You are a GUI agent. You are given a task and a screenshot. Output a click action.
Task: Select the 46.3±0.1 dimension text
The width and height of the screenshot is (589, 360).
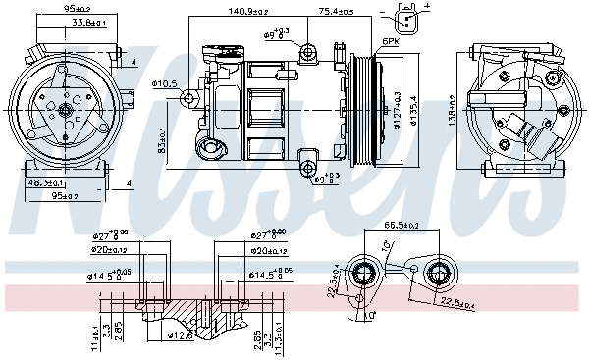[45, 182]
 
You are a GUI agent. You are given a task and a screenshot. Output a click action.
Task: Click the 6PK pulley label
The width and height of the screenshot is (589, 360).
[390, 41]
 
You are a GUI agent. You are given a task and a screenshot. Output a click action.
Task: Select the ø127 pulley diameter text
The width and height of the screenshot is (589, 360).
[398, 109]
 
